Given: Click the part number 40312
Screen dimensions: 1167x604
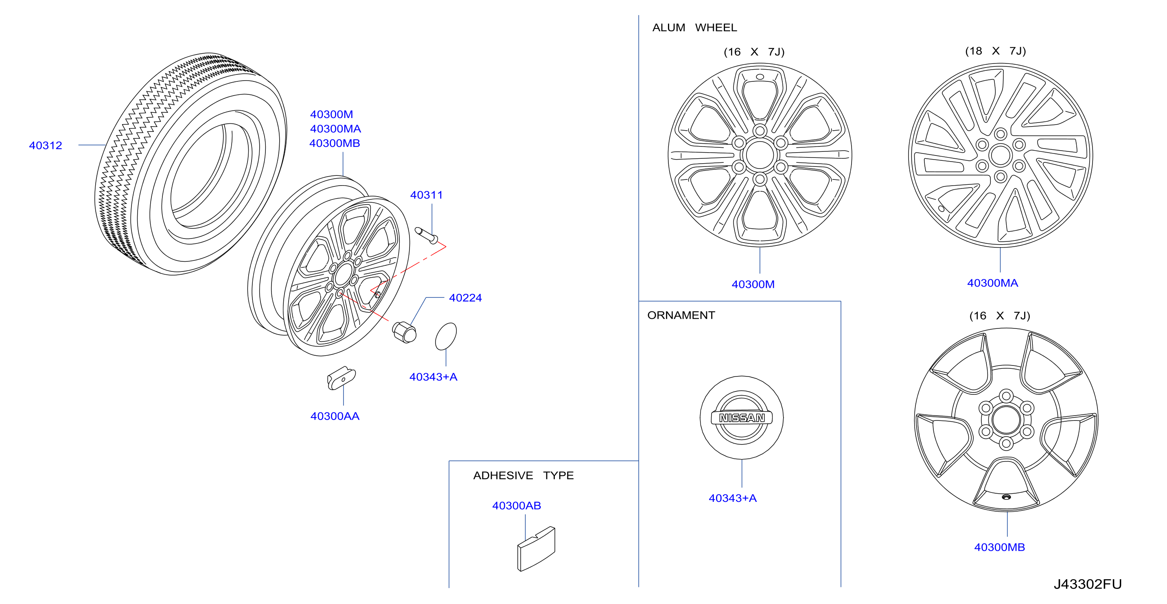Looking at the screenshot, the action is click(x=45, y=145).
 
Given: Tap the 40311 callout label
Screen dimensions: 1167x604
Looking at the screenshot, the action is click(x=426, y=195).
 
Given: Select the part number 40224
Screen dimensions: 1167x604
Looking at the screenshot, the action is click(x=465, y=298).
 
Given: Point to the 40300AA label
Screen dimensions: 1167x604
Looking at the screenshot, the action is click(x=335, y=416).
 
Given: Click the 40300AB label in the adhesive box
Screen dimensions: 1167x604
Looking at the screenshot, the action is click(x=517, y=505).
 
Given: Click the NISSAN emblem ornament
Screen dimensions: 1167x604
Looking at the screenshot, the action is click(x=742, y=417).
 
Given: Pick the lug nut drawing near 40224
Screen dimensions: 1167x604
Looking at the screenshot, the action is click(x=404, y=333).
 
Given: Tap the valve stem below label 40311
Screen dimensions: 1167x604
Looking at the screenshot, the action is click(x=426, y=235).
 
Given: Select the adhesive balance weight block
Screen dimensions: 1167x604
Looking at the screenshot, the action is click(x=536, y=549).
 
